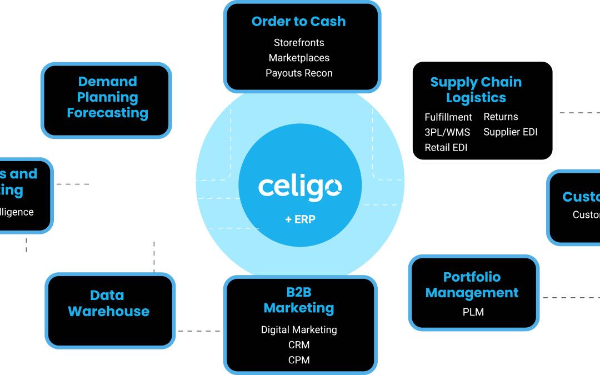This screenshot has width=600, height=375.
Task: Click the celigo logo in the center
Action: [x=300, y=187]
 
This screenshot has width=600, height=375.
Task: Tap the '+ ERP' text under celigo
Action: [x=300, y=219]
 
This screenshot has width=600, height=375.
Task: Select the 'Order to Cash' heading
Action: [x=299, y=22]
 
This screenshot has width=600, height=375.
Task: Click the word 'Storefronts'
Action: [x=299, y=43]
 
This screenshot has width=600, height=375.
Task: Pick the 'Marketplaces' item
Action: [x=299, y=58]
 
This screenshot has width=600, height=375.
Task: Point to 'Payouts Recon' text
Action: [x=299, y=73]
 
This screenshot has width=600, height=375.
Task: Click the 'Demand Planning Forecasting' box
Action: [x=107, y=98]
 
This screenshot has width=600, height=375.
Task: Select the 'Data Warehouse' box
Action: [x=109, y=303]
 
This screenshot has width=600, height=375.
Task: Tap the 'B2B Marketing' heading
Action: [x=299, y=300]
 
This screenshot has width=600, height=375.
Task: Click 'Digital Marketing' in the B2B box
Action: [x=299, y=330]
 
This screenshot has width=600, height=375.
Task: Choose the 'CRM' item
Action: [x=299, y=345]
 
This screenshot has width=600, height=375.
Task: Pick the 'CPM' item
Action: [x=299, y=360]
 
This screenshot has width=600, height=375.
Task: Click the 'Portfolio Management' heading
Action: [x=472, y=285]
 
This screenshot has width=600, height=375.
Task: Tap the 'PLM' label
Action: [x=473, y=312]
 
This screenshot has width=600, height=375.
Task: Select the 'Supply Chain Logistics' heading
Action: [x=476, y=90]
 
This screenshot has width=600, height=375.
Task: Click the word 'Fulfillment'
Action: [x=448, y=117]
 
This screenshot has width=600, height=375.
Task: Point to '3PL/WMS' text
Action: [x=447, y=132]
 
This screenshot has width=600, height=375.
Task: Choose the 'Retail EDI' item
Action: [x=446, y=148]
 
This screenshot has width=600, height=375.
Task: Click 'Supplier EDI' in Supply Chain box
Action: [x=511, y=132]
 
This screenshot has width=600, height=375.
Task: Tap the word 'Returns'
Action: [x=501, y=117]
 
